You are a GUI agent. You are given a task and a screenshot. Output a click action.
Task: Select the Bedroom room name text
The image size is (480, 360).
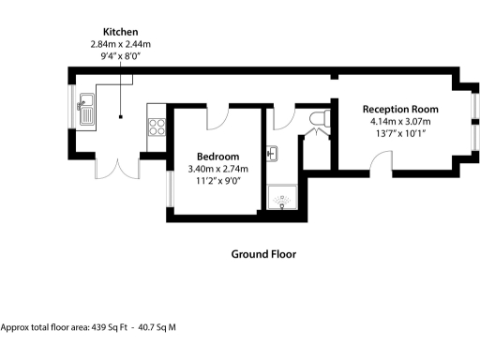click(217, 156)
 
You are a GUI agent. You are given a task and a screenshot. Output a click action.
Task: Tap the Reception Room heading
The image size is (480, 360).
click(401, 109)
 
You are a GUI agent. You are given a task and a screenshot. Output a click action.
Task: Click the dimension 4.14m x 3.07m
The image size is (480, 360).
click(401, 121)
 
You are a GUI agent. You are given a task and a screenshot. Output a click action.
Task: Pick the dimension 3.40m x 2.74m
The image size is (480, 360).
click(217, 168)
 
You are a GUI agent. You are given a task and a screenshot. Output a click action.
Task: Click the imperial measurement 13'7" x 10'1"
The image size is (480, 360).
click(401, 133)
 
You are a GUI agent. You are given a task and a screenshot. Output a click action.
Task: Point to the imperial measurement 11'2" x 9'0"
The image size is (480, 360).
click(217, 180)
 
